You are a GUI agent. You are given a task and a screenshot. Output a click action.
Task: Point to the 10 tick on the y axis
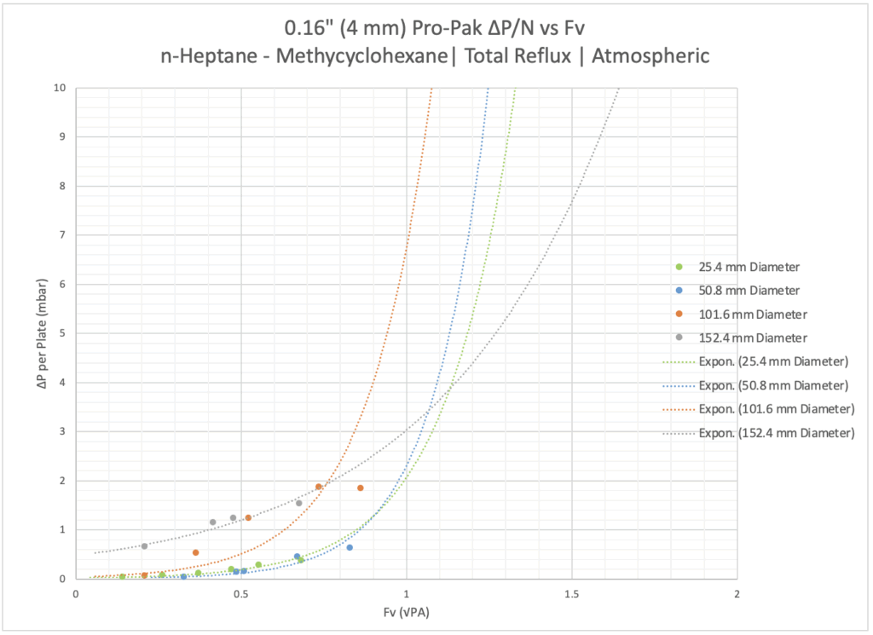tap(60, 87)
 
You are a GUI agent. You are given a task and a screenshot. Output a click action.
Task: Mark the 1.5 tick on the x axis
tap(571, 594)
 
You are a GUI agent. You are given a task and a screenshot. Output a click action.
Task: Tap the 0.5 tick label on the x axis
tap(240, 594)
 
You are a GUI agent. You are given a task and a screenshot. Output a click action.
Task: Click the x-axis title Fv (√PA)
tap(406, 612)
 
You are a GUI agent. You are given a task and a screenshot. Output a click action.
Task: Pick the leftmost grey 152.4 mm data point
tap(145, 546)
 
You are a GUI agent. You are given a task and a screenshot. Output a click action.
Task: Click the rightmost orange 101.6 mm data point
tap(361, 488)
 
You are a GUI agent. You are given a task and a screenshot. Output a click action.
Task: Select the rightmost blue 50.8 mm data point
tap(350, 547)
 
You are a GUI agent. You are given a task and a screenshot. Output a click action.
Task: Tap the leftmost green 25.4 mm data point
tap(123, 577)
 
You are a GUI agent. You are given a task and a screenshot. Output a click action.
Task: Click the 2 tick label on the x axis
tap(737, 594)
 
